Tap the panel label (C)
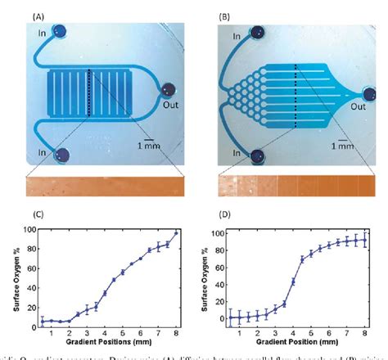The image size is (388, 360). [x=38, y=216]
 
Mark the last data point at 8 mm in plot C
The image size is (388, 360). [x=175, y=233]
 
